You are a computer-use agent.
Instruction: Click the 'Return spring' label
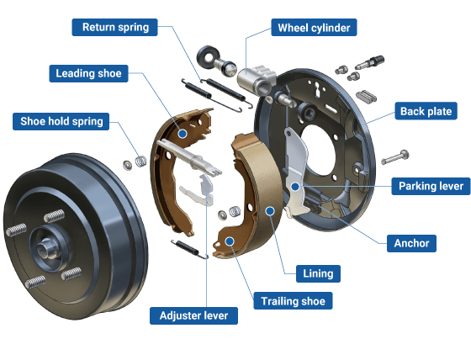[x=116, y=27]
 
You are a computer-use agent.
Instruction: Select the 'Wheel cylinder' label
[x=314, y=28]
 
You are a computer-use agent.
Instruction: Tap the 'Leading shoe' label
[x=88, y=73]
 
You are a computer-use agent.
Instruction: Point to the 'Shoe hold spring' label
[x=61, y=121]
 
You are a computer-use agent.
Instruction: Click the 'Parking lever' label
[x=430, y=185]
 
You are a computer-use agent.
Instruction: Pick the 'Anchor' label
[x=411, y=243]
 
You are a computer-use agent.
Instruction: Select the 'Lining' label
[x=318, y=273]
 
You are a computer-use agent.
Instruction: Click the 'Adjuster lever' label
[x=193, y=315]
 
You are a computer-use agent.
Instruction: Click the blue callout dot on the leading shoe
[x=183, y=133]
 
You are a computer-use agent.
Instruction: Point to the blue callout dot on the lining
[x=270, y=210]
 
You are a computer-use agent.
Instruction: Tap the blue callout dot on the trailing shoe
[x=229, y=241]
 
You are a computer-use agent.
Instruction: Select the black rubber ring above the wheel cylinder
[x=207, y=57]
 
